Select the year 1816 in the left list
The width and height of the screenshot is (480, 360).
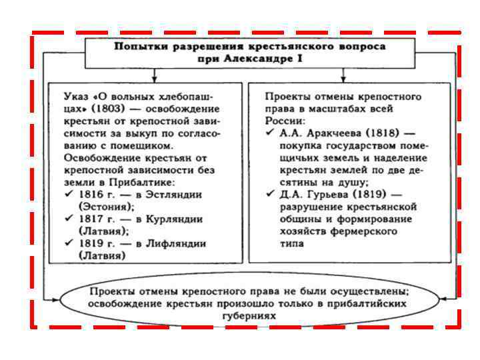(91, 194)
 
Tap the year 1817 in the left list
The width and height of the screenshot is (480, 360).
(91, 219)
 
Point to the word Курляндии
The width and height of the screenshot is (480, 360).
(172, 219)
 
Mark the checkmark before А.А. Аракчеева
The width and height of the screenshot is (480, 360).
(270, 133)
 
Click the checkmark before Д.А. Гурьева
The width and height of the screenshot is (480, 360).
(270, 194)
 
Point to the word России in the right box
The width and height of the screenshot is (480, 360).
(285, 121)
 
